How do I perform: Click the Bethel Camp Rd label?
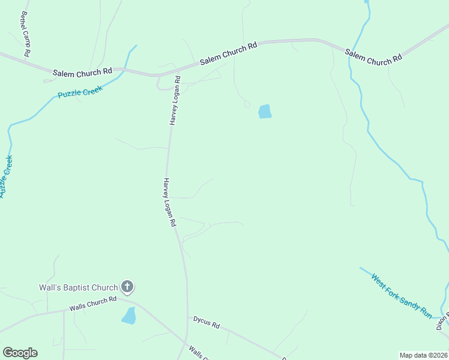point(25,34)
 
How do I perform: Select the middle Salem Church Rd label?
point(228,52)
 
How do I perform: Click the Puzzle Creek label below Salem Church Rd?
point(80,92)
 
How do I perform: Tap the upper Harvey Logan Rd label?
point(175,100)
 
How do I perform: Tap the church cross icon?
point(127,287)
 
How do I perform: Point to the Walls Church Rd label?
point(92,304)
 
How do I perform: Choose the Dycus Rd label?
point(206,322)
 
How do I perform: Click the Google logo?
point(20,353)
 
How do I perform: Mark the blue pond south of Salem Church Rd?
point(265,112)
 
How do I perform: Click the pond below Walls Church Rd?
point(128,316)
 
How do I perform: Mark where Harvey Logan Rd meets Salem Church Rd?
point(159,76)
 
